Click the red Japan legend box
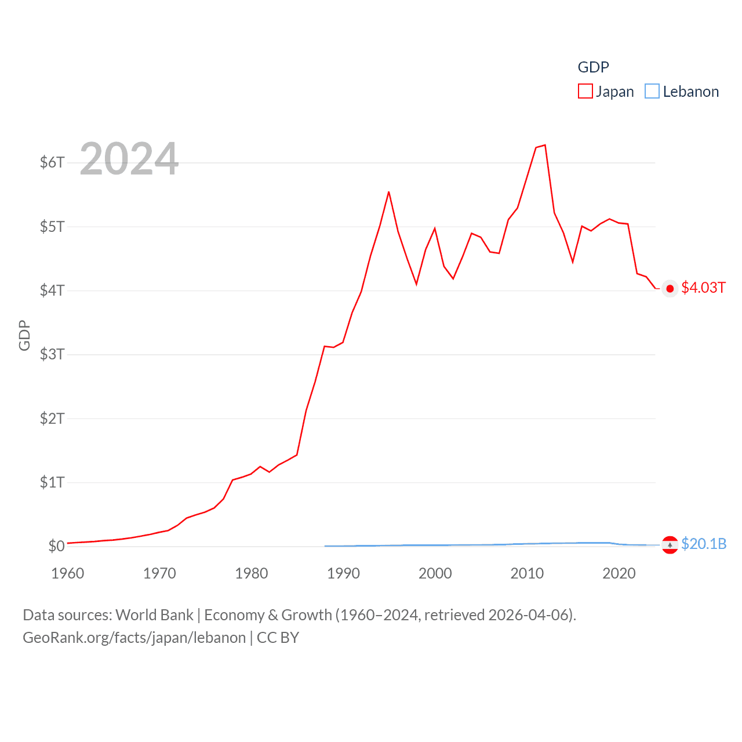[585, 92]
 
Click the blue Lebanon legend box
[652, 92]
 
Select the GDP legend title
[593, 67]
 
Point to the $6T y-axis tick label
[52, 162]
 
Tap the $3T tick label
[52, 354]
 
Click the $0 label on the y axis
[56, 546]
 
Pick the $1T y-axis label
[52, 482]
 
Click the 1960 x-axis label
[68, 573]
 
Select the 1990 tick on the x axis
[343, 573]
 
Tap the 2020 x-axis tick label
[619, 573]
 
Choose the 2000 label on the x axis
[435, 573]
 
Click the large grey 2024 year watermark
[129, 159]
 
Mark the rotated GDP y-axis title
[24, 335]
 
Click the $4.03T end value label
[703, 288]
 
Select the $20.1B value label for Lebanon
[704, 544]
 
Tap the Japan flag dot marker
[670, 289]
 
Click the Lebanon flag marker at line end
[670, 545]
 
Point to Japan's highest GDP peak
[545, 145]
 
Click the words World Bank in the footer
[154, 615]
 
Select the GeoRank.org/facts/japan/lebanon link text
[134, 638]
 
